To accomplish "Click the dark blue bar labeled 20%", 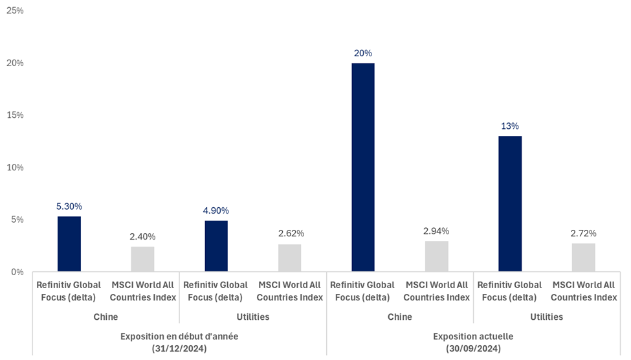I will (363, 167).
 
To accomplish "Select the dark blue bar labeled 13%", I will (510, 203).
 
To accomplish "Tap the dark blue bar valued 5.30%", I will (69, 243).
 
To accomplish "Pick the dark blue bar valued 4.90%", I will (216, 246).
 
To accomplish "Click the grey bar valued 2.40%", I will (142, 259).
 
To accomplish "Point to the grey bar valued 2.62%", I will (289, 258).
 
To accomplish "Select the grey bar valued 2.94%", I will (437, 256).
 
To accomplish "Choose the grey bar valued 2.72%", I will (584, 257).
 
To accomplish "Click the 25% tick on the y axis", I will (15, 10).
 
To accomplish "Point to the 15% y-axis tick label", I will (15, 115).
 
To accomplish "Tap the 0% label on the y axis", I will (17, 272).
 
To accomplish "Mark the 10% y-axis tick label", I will (15, 167).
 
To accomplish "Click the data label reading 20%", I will (363, 53).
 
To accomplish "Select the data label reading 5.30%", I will (69, 207).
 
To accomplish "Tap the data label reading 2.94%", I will (436, 231).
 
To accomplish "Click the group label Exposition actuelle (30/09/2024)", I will (473, 342).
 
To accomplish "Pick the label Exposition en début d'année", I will (179, 337).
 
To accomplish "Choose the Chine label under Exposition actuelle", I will (400, 317).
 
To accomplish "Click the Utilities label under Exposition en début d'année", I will (253, 317).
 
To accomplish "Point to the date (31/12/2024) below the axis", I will (179, 348).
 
